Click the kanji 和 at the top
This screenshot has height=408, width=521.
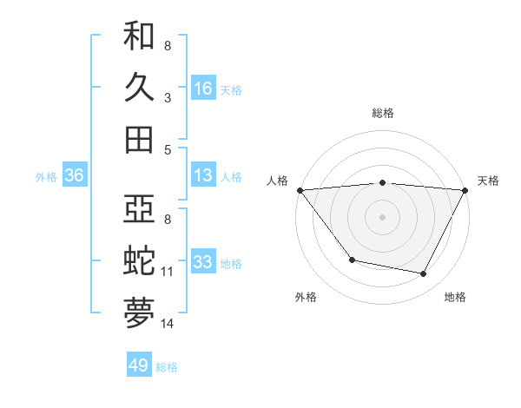[139, 37]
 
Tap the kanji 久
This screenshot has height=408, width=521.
[139, 88]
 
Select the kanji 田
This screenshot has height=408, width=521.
[139, 139]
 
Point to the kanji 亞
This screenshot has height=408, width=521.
[139, 209]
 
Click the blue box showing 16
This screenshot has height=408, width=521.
[203, 89]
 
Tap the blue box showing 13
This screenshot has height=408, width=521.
[203, 176]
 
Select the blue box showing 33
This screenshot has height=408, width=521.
[203, 262]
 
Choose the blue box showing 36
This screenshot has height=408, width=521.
[74, 176]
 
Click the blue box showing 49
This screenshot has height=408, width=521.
[139, 365]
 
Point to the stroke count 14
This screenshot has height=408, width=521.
[168, 324]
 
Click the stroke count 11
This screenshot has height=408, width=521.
[168, 272]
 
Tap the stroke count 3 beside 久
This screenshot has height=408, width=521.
[167, 98]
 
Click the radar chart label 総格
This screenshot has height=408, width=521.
[383, 113]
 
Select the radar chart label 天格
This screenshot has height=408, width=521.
[488, 181]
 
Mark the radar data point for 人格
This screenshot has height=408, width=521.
[300, 190]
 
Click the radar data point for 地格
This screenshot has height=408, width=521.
[424, 274]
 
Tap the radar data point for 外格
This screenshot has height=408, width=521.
[352, 260]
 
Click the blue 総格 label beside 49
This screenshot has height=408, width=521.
[167, 367]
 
